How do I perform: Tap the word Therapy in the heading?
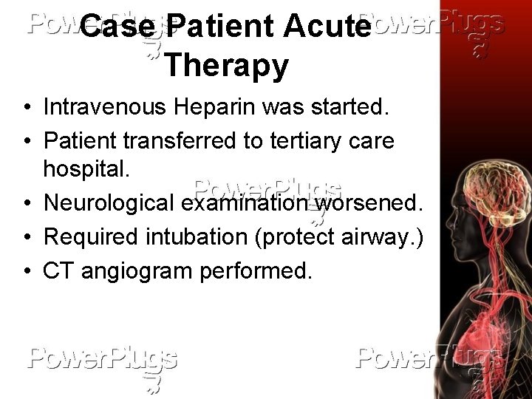click(226, 65)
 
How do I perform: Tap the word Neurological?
click(111, 202)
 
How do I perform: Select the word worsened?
click(366, 202)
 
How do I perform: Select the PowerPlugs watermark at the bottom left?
click(103, 361)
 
